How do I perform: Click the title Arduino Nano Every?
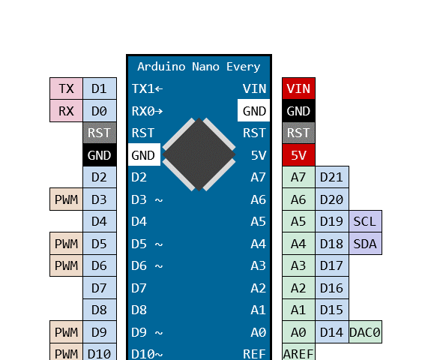[199, 67]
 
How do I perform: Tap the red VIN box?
[298, 89]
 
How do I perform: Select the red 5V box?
[298, 155]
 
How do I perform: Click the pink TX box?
[66, 89]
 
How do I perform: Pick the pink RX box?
[66, 111]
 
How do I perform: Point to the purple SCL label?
[364, 222]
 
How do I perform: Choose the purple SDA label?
[364, 244]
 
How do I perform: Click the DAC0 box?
[365, 332]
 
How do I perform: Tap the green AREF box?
[298, 353]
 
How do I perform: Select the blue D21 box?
[331, 178]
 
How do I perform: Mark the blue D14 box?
[331, 332]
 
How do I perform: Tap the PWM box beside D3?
[66, 199]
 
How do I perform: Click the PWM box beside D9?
[66, 332]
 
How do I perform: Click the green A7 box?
[298, 178]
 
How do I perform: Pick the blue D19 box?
[331, 222]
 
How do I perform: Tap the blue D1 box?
[99, 89]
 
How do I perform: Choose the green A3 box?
[298, 265]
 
